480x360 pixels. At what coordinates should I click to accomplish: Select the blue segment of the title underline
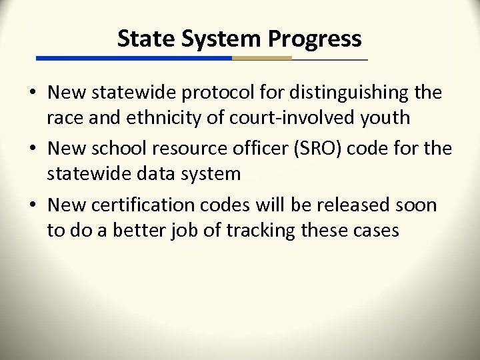[133, 59]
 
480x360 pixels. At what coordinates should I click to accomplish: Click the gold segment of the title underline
[261, 59]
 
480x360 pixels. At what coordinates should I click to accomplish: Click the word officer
[261, 149]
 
